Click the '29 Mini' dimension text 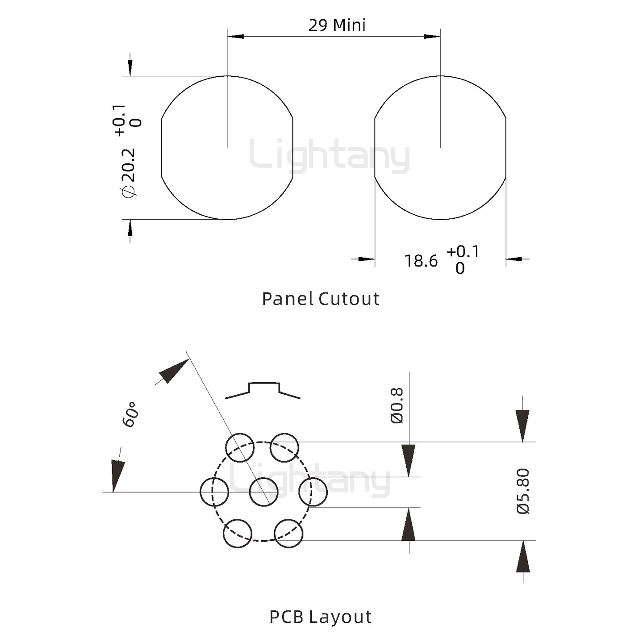tap(337, 25)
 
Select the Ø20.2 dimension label tap(128, 172)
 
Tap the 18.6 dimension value tap(421, 261)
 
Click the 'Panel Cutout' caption tap(320, 299)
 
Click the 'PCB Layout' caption tap(320, 617)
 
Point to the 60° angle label tap(130, 414)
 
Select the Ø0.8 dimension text tap(397, 405)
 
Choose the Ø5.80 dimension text tap(523, 491)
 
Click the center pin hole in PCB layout tap(263, 492)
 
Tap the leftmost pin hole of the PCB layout tap(214, 492)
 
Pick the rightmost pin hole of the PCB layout tap(313, 492)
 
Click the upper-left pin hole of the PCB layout tap(240, 447)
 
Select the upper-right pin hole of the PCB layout tap(285, 447)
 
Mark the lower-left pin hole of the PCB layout tap(238, 533)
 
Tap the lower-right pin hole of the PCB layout tap(288, 533)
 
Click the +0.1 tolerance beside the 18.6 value tap(463, 252)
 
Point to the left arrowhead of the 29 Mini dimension tap(235, 36)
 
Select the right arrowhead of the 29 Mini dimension tap(432, 36)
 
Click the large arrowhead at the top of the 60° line tap(173, 371)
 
